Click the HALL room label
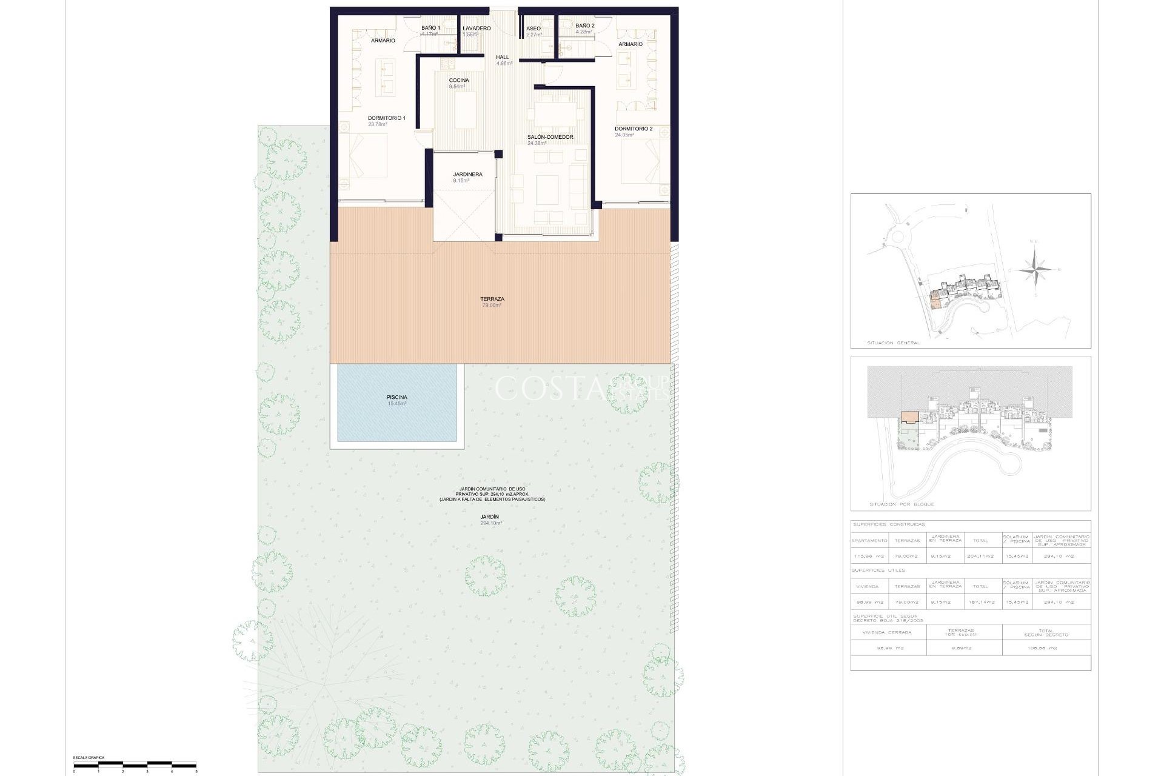click(503, 58)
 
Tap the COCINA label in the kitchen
click(459, 81)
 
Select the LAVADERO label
click(477, 28)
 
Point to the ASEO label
click(533, 28)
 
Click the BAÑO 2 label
click(585, 26)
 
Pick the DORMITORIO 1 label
click(386, 118)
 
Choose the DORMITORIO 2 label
click(634, 129)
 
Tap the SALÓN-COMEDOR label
click(550, 138)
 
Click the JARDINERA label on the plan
click(467, 175)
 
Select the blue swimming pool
click(396, 403)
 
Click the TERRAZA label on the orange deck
click(492, 299)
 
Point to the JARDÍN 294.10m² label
click(491, 517)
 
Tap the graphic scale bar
click(135, 764)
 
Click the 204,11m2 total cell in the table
click(980, 556)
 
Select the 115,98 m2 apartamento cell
click(869, 556)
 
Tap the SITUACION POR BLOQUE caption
click(901, 504)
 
